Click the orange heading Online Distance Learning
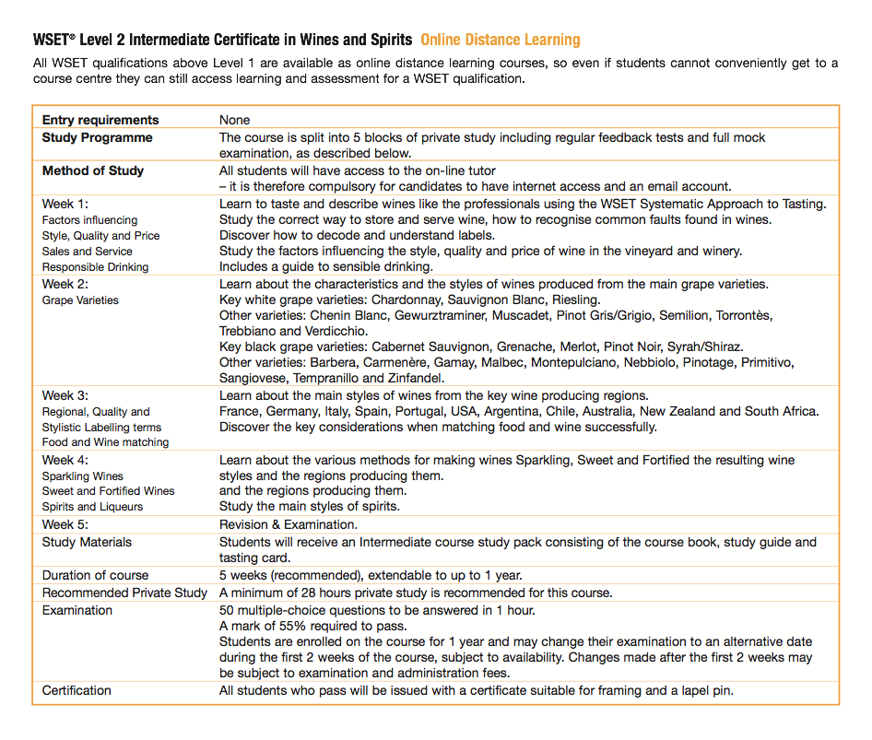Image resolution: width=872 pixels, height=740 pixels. [x=500, y=40]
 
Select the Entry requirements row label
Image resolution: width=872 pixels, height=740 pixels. [x=100, y=120]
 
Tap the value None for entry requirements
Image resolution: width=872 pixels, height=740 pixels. [x=235, y=120]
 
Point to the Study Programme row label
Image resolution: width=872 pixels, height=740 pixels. [x=98, y=137]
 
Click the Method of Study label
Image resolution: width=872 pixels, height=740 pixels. [x=93, y=170]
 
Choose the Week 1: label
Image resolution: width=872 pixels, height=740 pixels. [x=65, y=204]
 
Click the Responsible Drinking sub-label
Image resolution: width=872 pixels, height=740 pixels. [x=95, y=267]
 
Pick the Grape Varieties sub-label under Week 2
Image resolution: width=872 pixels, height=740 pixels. [x=80, y=300]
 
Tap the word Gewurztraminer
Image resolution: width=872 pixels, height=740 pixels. [x=438, y=316]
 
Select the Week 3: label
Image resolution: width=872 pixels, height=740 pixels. [x=65, y=395]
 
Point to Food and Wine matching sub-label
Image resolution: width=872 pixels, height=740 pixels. [x=105, y=442]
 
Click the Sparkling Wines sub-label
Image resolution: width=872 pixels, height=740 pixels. [x=82, y=476]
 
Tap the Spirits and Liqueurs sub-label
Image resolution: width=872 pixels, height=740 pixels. [x=92, y=507]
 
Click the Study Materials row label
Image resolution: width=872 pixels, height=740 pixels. [x=87, y=542]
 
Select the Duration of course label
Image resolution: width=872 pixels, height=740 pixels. [x=95, y=575]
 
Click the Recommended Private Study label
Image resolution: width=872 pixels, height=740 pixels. [x=124, y=593]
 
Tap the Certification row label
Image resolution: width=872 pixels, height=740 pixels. [x=77, y=690]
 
